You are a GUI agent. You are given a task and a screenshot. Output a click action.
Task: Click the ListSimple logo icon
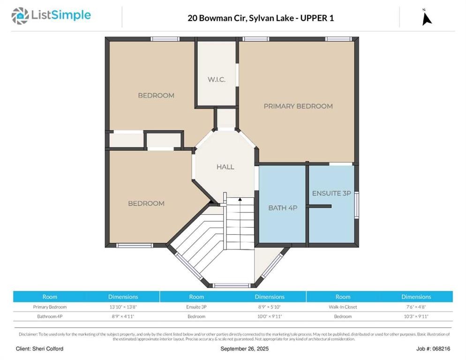click(x=20, y=15)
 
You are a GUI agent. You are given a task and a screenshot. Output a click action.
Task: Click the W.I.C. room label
click(x=216, y=79)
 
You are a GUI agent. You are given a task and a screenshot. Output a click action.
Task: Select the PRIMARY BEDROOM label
click(x=298, y=106)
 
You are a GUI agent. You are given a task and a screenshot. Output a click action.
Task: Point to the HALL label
click(x=225, y=166)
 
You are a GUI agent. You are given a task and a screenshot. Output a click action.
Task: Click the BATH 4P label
click(x=282, y=208)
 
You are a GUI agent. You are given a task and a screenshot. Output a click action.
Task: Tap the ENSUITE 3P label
click(x=331, y=193)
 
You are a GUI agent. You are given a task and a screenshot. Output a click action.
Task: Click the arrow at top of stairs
click(x=240, y=200)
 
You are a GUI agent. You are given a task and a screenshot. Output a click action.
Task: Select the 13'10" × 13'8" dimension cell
click(x=123, y=307)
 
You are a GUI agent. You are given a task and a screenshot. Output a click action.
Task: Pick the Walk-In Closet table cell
click(x=343, y=307)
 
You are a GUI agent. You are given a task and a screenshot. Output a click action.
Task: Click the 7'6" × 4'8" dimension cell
click(x=416, y=307)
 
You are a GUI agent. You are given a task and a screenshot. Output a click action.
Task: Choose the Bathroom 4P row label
click(x=50, y=316)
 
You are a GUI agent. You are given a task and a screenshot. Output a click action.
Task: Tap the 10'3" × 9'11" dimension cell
click(x=416, y=316)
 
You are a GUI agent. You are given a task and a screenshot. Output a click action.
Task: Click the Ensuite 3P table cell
click(x=196, y=307)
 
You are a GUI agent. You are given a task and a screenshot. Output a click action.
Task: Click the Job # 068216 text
click(x=433, y=349)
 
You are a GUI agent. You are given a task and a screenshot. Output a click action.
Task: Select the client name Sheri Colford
click(x=39, y=349)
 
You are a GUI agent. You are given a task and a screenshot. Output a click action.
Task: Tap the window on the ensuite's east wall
click(x=357, y=205)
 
